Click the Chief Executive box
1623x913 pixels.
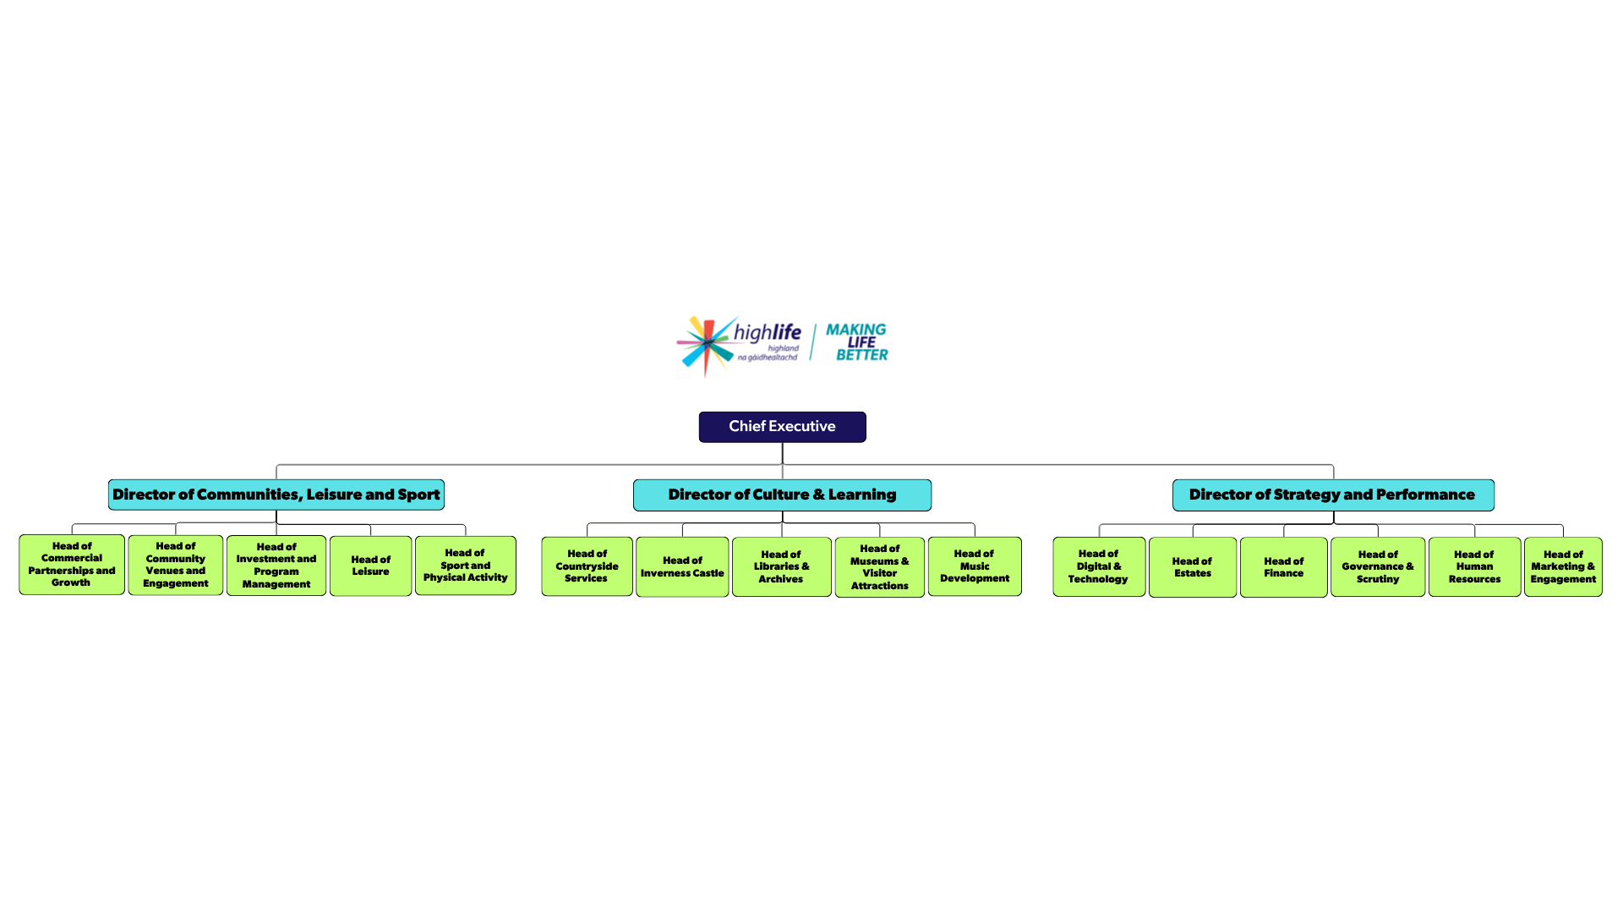pos(782,427)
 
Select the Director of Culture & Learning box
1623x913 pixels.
pos(782,495)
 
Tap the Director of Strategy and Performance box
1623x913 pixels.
pos(1332,495)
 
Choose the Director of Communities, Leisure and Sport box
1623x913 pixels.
pos(276,495)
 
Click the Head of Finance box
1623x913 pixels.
pos(1283,567)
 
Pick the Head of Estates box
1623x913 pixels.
pos(1192,567)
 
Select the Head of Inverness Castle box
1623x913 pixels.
pos(682,567)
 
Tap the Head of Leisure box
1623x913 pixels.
pos(370,566)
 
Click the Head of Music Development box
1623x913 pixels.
pos(974,566)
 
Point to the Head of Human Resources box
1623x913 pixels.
pos(1474,567)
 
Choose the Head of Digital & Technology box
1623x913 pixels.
pos(1098,567)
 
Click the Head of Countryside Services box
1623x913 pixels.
pos(587,566)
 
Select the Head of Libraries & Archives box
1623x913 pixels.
pos(781,567)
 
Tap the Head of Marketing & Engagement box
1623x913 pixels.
pos(1562,567)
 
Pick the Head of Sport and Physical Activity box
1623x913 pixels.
pos(465,566)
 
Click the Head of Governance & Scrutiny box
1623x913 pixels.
pos(1377,567)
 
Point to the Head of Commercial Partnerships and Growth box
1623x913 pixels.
pos(72,565)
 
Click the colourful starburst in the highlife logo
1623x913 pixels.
pos(706,344)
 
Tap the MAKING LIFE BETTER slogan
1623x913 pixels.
pos(856,342)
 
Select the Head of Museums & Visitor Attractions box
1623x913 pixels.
pos(879,567)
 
